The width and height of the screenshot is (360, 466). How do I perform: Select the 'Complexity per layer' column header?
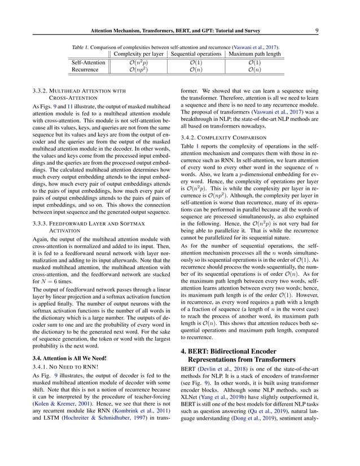138,54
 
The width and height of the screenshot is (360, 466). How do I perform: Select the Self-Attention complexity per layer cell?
138,62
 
